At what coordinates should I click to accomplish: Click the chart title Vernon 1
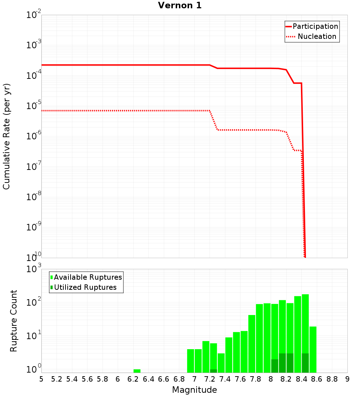180,6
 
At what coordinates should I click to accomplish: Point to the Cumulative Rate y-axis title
6,136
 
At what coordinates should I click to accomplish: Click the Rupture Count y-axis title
14,321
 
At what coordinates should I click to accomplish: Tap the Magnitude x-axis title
194,390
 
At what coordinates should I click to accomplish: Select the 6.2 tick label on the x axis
133,379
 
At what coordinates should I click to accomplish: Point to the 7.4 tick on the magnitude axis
225,379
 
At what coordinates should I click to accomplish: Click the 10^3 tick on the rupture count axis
33,269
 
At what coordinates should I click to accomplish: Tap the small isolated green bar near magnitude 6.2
137,371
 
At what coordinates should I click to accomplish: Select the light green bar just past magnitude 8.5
313,349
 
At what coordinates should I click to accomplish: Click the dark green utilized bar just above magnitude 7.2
213,371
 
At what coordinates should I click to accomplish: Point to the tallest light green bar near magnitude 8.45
305,324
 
